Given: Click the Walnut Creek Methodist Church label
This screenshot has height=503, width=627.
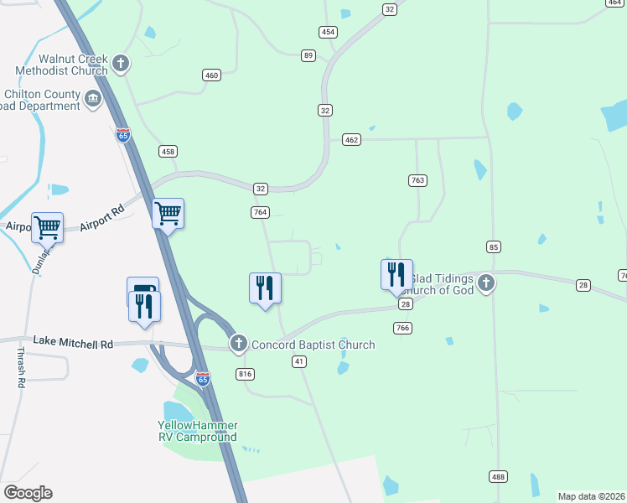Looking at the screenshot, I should click(62, 65).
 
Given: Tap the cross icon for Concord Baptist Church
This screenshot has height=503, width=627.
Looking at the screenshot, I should click(239, 344).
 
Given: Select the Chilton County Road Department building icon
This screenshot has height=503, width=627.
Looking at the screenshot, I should click(93, 100).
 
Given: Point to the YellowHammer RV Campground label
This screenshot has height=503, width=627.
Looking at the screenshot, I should click(198, 431).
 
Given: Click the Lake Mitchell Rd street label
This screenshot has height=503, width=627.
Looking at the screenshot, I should click(73, 342).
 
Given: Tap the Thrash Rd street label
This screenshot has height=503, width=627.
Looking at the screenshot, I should click(20, 367).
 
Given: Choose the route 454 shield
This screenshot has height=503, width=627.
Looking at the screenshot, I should click(328, 32).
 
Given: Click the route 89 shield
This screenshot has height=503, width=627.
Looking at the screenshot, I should click(309, 55).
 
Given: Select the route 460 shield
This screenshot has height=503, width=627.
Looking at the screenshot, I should click(211, 75).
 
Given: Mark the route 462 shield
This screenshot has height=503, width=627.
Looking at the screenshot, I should click(351, 139).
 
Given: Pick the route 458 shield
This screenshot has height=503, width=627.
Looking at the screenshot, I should click(168, 151).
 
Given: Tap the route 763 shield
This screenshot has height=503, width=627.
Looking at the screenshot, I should click(417, 180).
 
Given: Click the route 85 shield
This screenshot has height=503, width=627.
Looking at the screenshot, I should click(494, 246).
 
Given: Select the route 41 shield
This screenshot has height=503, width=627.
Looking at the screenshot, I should click(298, 361).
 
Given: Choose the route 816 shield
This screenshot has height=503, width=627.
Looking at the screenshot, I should click(245, 373).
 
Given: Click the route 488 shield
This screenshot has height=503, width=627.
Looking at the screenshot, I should click(498, 477).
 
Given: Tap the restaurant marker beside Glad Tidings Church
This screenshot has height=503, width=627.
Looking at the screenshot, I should click(396, 275).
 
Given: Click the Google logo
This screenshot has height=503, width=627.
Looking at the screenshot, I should click(28, 493).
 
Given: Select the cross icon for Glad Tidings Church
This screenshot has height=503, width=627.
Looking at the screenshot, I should click(486, 283).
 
